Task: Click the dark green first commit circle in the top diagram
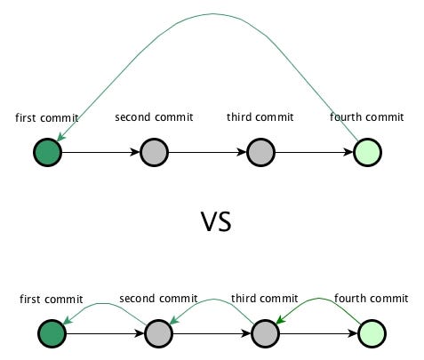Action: pos(47,152)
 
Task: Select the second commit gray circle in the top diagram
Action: pos(154,152)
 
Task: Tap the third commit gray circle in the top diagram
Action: pos(260,152)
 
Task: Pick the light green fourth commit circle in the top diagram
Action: pos(367,152)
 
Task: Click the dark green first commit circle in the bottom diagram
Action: pos(52,333)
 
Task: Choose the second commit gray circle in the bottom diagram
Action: pos(158,333)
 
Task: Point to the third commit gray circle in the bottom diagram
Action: pos(265,333)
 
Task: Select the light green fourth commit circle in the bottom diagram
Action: pos(372,333)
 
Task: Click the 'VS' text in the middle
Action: pos(216,221)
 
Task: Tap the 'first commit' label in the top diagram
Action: pos(47,117)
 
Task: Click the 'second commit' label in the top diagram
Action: pos(154,117)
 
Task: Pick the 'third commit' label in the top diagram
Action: pos(260,117)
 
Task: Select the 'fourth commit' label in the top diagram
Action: pos(367,117)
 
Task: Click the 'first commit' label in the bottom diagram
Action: pos(52,299)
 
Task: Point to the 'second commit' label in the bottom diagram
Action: pos(158,299)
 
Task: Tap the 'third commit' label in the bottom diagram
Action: pos(265,299)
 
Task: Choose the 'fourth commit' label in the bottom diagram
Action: pos(372,299)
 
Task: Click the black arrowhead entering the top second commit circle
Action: pos(135,152)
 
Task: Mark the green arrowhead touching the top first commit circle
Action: pos(60,136)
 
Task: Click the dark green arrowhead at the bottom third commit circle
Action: pos(280,320)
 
